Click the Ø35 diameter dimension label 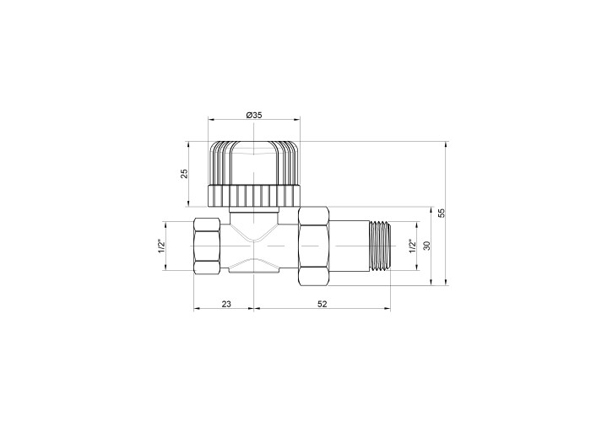254,116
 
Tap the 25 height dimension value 184,174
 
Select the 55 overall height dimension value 442,214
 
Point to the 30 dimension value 426,246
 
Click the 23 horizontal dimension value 226,304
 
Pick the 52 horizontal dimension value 323,304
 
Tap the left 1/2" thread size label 161,246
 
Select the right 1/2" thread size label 413,246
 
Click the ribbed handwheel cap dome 254,163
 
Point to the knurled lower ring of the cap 254,196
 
